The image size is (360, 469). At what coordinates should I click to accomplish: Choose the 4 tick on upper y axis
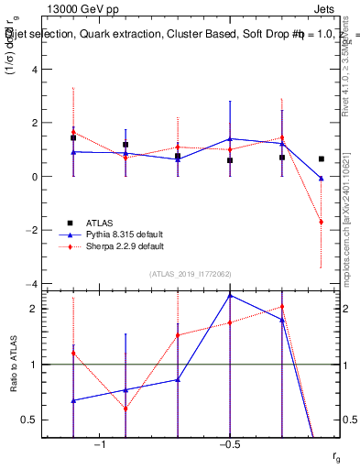pyautogui.click(x=35, y=69)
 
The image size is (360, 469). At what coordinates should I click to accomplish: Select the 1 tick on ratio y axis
pyautogui.click(x=35, y=365)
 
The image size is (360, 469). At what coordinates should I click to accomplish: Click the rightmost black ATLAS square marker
pyautogui.click(x=321, y=158)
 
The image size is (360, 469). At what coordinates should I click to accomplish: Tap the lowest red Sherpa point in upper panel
pyautogui.click(x=321, y=222)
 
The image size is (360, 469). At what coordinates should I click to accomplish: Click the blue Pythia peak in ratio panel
pyautogui.click(x=230, y=295)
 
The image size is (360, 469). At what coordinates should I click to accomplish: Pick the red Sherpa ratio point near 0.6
pyautogui.click(x=125, y=409)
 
